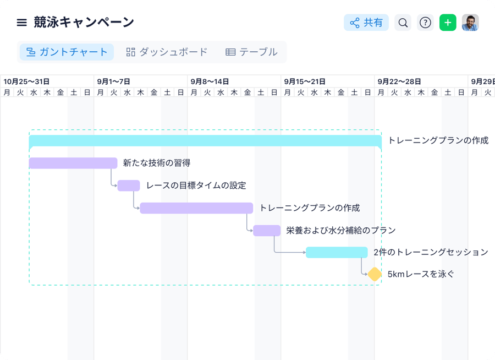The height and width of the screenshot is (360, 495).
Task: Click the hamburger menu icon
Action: pyautogui.click(x=21, y=23)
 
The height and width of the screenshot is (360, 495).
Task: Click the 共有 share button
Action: pyautogui.click(x=366, y=23)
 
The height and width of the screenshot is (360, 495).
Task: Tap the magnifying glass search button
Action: pyautogui.click(x=403, y=23)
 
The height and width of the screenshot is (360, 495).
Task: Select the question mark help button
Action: pyautogui.click(x=425, y=23)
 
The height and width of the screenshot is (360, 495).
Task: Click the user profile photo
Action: pyautogui.click(x=470, y=23)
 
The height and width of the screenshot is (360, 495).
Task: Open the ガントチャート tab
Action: pyautogui.click(x=67, y=52)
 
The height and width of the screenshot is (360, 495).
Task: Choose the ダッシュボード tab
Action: pyautogui.click(x=167, y=52)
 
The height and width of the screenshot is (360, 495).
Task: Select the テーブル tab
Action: pyautogui.click(x=251, y=52)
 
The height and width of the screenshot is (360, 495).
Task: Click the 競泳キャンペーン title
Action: pyautogui.click(x=84, y=23)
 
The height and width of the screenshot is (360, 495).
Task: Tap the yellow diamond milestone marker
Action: pyautogui.click(x=375, y=274)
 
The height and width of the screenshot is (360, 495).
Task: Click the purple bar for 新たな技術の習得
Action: pyautogui.click(x=73, y=163)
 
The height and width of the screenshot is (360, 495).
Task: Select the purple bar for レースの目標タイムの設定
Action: pyautogui.click(x=129, y=186)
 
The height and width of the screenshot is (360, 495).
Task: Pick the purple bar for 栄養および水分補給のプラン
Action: pyautogui.click(x=267, y=231)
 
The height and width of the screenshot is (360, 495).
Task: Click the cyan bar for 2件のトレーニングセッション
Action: pyautogui.click(x=337, y=253)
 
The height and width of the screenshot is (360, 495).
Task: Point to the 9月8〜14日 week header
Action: pyautogui.click(x=210, y=81)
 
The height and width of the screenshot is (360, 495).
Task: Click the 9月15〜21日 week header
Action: pyautogui.click(x=305, y=81)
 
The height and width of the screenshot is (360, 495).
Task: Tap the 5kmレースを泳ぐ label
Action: pyautogui.click(x=421, y=274)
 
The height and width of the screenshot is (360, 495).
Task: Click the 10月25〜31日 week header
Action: pyautogui.click(x=26, y=81)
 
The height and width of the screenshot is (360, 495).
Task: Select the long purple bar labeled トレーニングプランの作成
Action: pyautogui.click(x=196, y=208)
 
